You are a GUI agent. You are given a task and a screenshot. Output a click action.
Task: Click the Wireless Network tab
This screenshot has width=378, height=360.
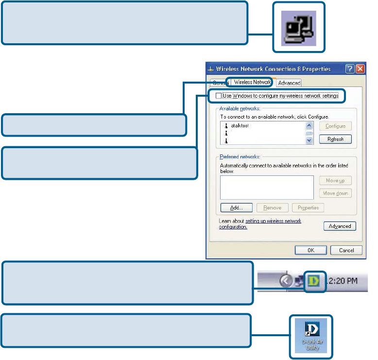click(252, 82)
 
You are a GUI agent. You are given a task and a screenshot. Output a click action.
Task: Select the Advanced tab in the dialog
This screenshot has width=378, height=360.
click(289, 83)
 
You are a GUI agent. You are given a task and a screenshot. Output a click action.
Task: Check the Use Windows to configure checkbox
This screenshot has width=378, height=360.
click(218, 96)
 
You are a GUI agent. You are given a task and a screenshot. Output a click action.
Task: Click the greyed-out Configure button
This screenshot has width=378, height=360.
click(335, 126)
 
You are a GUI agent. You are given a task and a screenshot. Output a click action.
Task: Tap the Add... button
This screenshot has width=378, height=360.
click(236, 207)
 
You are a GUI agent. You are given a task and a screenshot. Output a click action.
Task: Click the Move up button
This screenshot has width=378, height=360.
click(335, 181)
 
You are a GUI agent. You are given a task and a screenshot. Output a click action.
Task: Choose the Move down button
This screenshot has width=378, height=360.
click(335, 193)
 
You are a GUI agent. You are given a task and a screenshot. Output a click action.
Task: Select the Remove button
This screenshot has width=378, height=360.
click(272, 207)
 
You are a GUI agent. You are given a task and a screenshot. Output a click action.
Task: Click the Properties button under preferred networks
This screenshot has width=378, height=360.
click(308, 207)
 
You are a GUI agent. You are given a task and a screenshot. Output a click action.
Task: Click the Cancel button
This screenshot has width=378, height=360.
click(346, 250)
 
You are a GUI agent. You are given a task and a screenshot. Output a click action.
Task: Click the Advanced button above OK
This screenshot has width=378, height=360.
click(340, 226)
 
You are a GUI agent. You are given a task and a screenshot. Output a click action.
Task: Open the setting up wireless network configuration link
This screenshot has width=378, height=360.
click(273, 221)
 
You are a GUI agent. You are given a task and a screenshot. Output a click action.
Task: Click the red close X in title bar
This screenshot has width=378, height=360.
click(360, 69)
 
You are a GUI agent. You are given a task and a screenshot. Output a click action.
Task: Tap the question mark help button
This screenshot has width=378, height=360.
click(350, 69)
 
